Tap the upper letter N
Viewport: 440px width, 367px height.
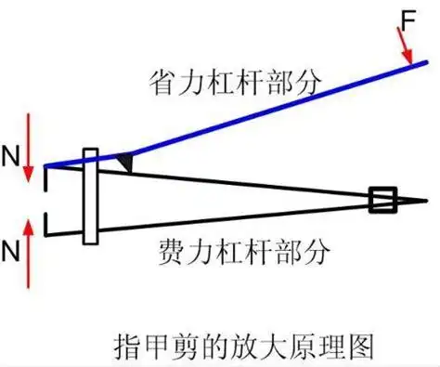(10, 155)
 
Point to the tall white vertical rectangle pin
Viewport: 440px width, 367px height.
(90, 196)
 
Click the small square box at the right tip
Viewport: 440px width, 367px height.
(382, 200)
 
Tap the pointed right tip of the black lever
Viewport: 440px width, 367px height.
(425, 200)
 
